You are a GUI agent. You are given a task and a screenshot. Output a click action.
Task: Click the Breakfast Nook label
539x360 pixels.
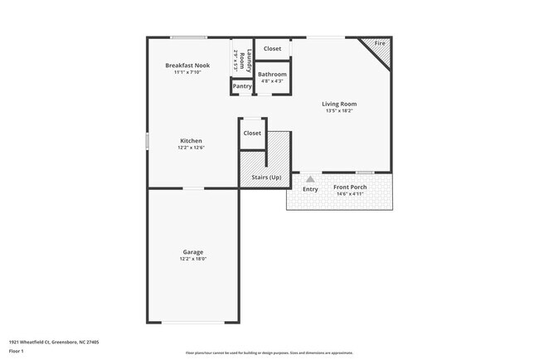coord(187,65)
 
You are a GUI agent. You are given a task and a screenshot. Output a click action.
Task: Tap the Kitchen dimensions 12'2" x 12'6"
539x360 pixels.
coord(191,148)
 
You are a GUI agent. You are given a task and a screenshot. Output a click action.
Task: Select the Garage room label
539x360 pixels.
coord(193,252)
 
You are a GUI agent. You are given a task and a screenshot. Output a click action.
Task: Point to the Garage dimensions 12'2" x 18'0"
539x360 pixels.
coord(193,260)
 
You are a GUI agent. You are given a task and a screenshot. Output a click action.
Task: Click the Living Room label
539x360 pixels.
coord(339,104)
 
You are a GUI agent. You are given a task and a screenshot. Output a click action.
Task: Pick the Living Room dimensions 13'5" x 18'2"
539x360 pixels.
coord(339,111)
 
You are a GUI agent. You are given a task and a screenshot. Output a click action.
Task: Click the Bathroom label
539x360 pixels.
coord(272,74)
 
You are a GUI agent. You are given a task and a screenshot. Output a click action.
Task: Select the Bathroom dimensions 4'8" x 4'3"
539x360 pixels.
coord(272,81)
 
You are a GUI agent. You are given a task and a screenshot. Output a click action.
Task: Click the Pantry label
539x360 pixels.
coord(242,86)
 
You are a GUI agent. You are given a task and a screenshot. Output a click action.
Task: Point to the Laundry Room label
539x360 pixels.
coord(239,56)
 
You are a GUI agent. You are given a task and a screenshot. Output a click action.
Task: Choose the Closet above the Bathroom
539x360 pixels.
coord(272,49)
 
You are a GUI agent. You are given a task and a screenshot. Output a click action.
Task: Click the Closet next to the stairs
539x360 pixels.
coord(252,133)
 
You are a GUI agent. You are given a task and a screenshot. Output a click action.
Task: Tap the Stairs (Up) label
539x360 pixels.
coord(266,178)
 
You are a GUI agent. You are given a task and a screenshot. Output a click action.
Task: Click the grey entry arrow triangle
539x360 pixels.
coord(310,178)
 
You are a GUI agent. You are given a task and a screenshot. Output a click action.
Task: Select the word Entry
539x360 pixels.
coord(310,189)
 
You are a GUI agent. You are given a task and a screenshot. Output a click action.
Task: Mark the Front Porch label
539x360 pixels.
coord(350,187)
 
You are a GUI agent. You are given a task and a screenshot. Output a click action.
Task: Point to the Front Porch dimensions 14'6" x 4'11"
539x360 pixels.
coord(350,195)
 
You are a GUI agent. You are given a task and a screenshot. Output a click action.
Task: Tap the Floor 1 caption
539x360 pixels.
coord(17,351)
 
